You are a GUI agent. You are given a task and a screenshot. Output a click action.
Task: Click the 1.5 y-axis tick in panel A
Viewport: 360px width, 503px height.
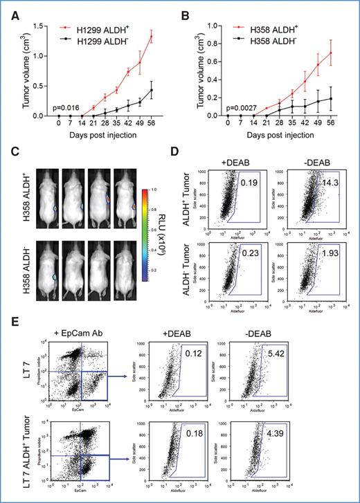tap(36, 24)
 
